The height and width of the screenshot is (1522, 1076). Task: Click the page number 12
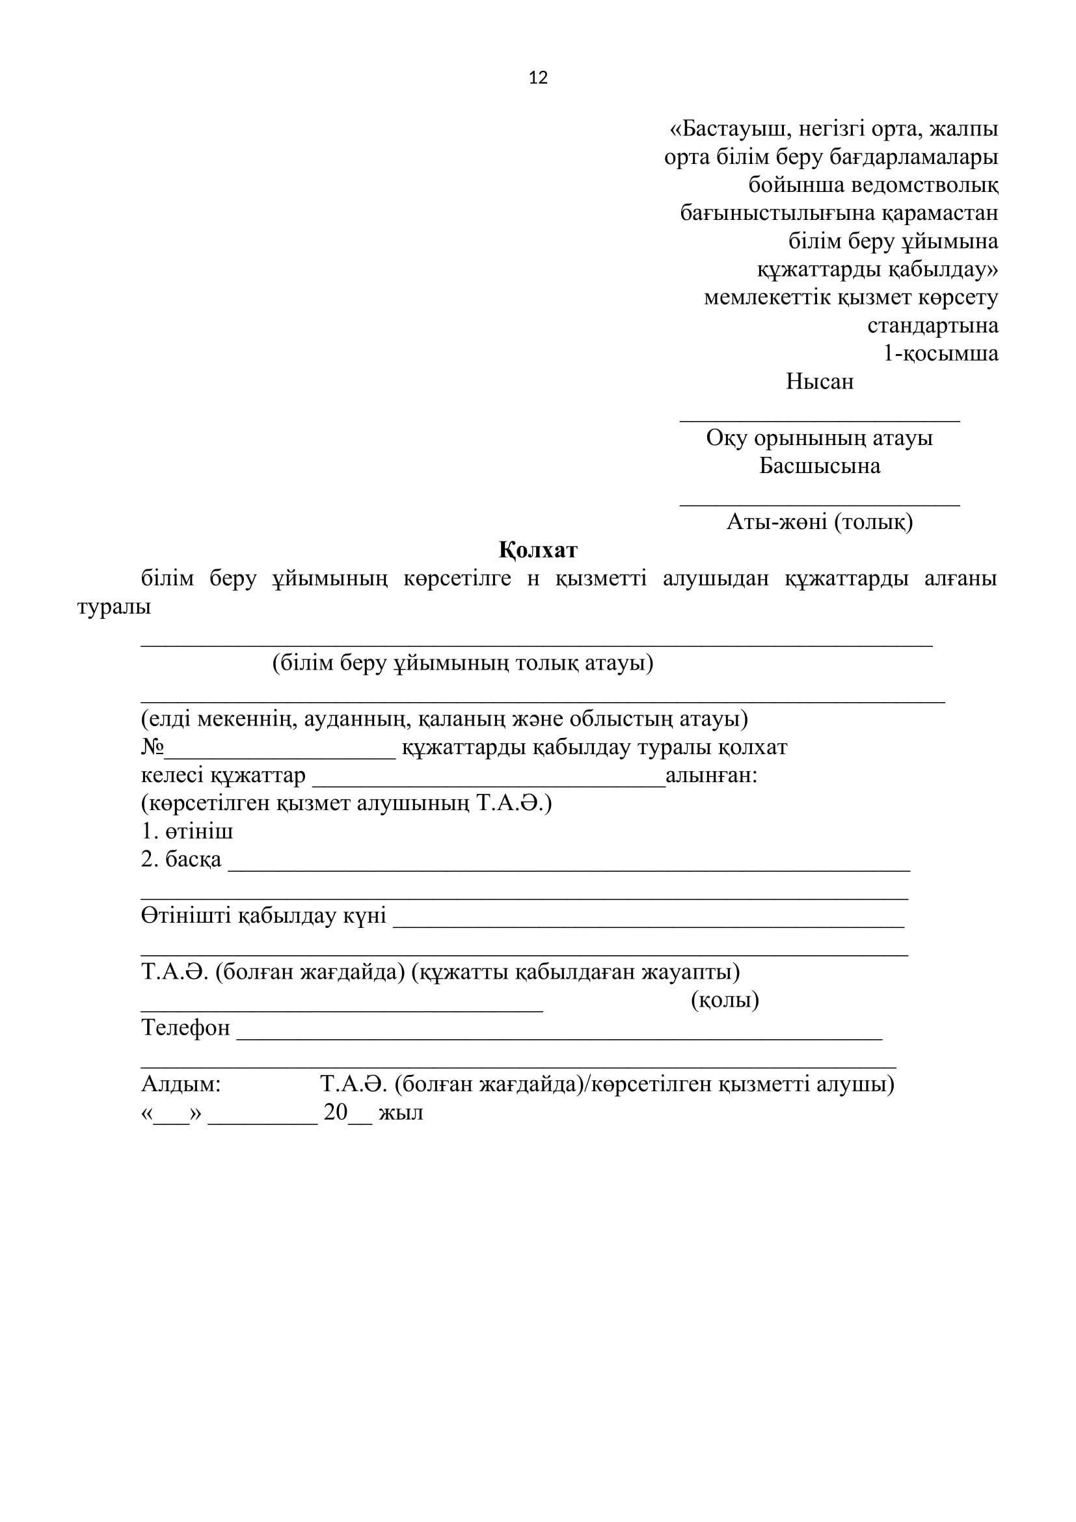click(x=538, y=78)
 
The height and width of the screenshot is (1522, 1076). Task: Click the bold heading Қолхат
click(x=538, y=550)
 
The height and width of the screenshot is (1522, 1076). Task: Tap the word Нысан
click(x=820, y=382)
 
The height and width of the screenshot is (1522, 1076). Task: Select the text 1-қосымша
click(x=941, y=353)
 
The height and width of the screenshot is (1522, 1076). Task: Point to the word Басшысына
click(x=820, y=466)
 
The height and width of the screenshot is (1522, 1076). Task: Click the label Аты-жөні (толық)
click(x=820, y=523)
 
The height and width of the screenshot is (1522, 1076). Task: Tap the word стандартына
click(x=933, y=325)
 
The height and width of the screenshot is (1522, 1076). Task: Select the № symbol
click(x=152, y=748)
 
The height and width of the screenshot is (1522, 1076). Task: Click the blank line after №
click(x=280, y=754)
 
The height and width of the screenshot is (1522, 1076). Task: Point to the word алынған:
click(x=711, y=776)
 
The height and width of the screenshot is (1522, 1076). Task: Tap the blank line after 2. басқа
click(x=569, y=867)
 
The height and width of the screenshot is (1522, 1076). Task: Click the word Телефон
click(x=185, y=1028)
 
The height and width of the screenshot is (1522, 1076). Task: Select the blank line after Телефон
click(x=559, y=1036)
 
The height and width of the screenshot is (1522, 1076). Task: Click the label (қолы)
click(x=725, y=999)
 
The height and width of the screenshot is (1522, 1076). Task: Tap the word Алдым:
click(x=181, y=1084)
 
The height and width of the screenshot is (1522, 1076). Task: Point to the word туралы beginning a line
click(x=114, y=607)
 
